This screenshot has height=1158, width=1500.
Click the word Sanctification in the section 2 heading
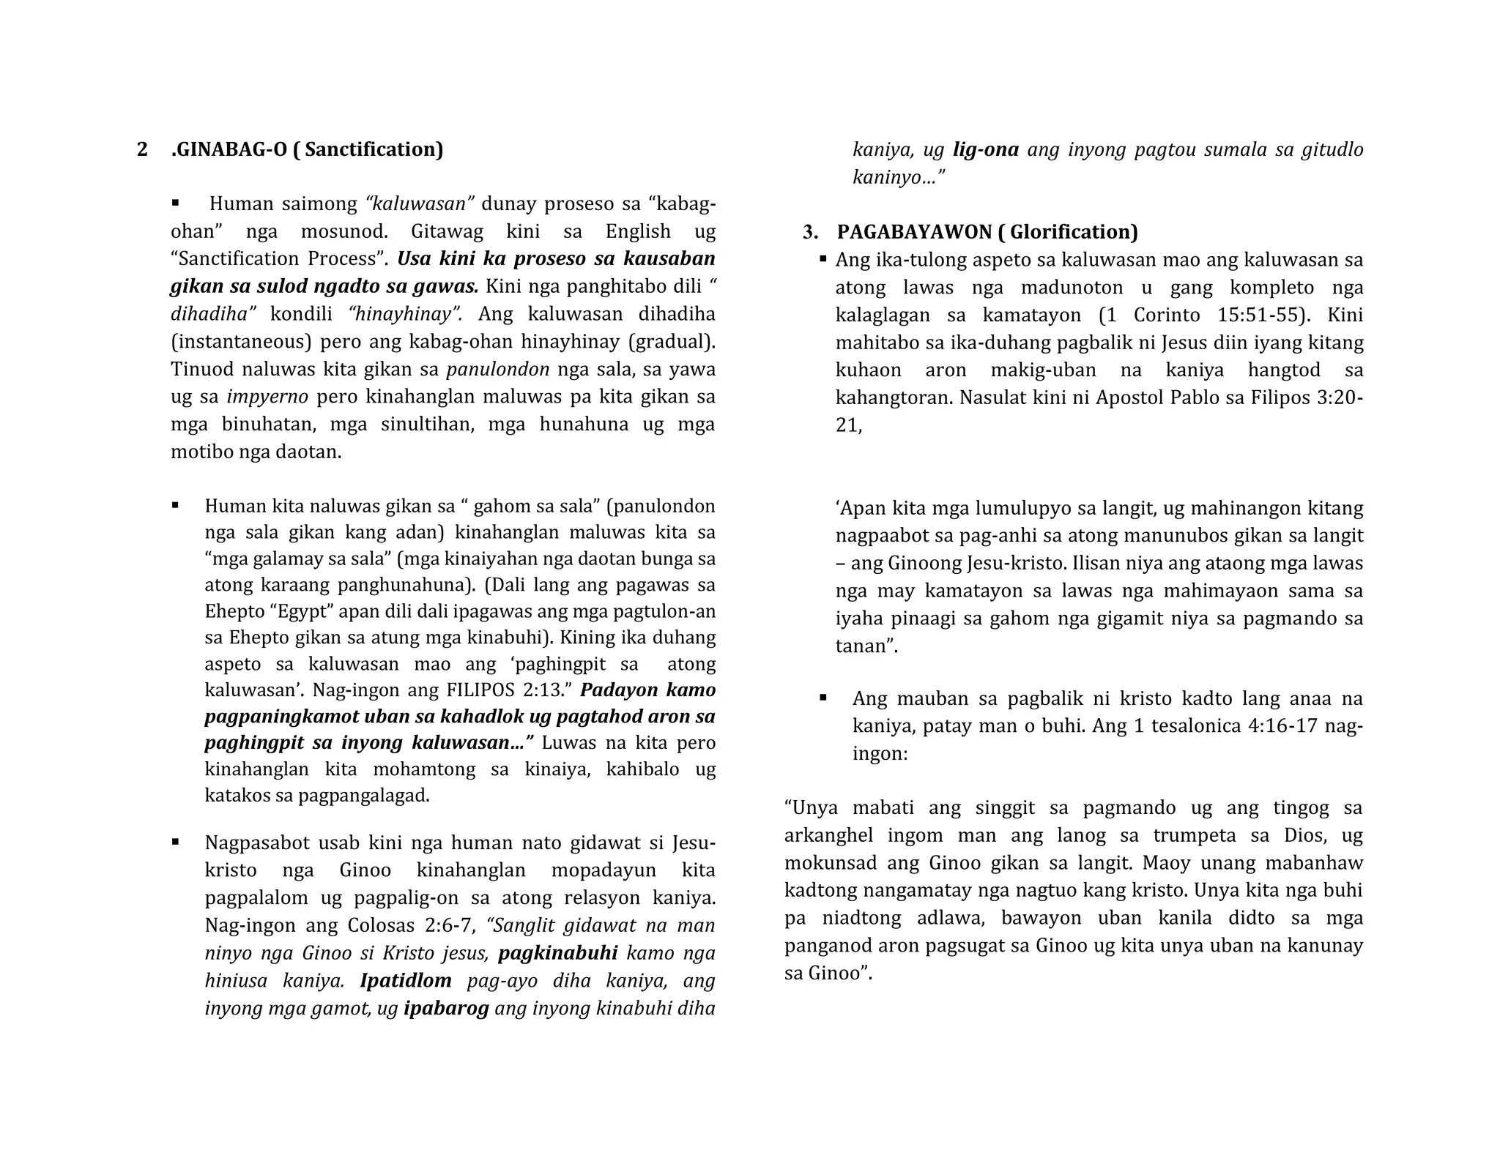pos(373,150)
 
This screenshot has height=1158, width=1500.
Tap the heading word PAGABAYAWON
pos(915,232)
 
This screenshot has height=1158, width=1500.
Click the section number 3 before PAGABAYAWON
pos(809,232)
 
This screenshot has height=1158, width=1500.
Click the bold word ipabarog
pos(446,1009)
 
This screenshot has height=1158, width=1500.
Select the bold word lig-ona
pos(985,150)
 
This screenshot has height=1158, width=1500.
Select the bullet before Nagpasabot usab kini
pos(176,843)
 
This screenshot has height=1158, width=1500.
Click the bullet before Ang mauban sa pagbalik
pos(823,698)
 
